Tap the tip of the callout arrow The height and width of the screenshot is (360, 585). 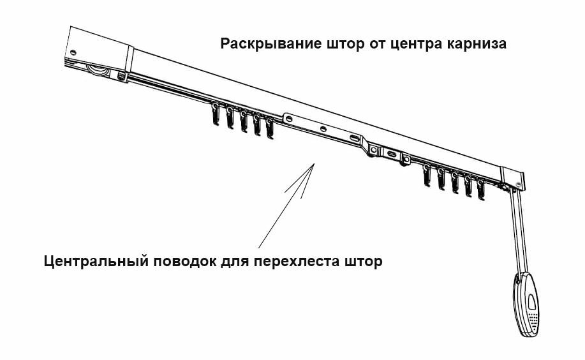(x=314, y=163)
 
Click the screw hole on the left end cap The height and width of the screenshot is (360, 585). (x=73, y=52)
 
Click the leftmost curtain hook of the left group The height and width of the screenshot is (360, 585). (x=216, y=114)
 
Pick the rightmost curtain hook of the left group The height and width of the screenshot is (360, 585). (x=270, y=128)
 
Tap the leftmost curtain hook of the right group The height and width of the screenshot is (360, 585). (x=427, y=175)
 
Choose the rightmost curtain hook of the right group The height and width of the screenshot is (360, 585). (x=481, y=190)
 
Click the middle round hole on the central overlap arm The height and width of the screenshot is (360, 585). (x=323, y=129)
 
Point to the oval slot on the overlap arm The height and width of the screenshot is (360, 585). (x=355, y=139)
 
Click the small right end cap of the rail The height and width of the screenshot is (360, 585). (x=513, y=179)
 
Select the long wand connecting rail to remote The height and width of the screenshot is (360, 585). (x=519, y=232)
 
